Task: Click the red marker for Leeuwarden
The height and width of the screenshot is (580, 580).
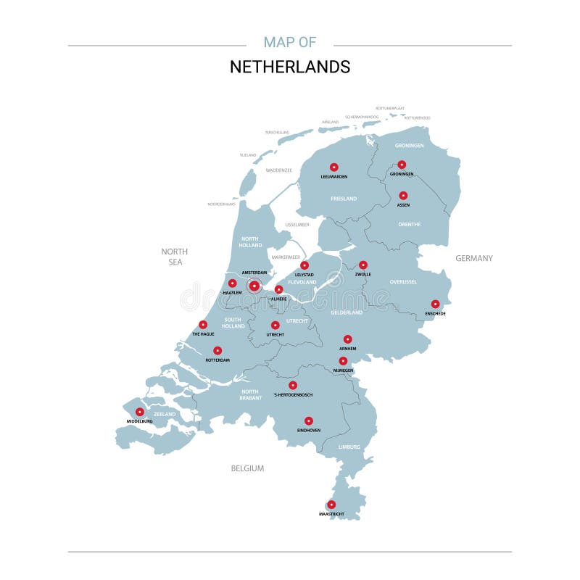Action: click(x=334, y=167)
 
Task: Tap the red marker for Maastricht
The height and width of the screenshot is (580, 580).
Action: click(x=331, y=505)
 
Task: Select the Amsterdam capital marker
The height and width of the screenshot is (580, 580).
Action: click(x=254, y=286)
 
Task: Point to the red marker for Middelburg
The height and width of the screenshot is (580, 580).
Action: click(x=140, y=412)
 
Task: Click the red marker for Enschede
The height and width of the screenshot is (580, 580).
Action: click(x=435, y=304)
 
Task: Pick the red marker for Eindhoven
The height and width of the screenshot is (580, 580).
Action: click(x=308, y=420)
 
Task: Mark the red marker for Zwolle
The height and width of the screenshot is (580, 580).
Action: click(x=363, y=265)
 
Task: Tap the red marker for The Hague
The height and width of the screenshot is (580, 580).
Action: click(x=203, y=325)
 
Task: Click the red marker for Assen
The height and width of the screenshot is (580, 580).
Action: click(x=403, y=196)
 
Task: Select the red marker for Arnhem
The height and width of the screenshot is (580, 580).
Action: click(x=347, y=339)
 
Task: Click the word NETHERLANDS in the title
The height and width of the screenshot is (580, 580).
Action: click(x=290, y=67)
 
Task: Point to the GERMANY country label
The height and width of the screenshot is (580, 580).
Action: click(x=474, y=258)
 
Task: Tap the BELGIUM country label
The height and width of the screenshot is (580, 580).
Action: click(x=247, y=468)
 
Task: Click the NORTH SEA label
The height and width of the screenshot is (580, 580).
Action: click(x=175, y=257)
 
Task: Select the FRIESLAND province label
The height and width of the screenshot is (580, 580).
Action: click(x=344, y=199)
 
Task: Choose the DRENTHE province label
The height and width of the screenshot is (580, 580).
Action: click(x=409, y=224)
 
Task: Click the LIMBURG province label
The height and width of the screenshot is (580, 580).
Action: click(x=349, y=447)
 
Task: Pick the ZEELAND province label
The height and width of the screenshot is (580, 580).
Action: click(x=165, y=414)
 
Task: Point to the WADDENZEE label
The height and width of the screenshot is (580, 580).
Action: click(x=278, y=170)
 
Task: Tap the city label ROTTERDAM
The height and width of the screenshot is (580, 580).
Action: click(x=217, y=360)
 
